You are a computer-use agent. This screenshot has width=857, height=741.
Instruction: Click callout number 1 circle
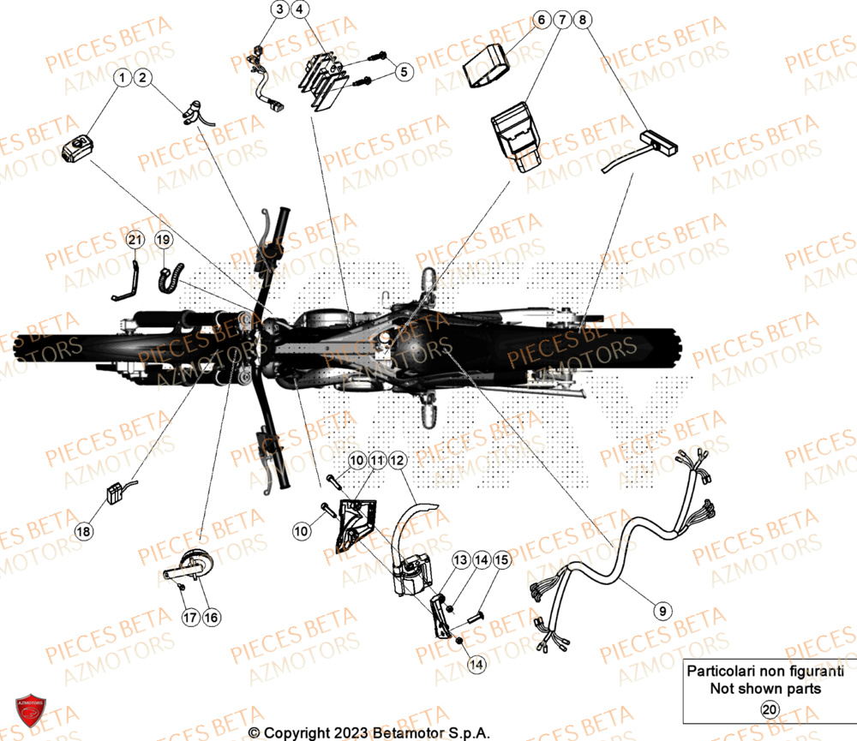click(x=122, y=79)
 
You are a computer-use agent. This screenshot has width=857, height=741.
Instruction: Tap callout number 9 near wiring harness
click(x=661, y=611)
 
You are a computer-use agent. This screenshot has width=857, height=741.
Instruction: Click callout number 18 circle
click(x=83, y=532)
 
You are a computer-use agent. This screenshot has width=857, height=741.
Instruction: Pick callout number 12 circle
click(x=396, y=461)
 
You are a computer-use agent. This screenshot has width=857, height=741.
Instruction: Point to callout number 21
click(x=134, y=242)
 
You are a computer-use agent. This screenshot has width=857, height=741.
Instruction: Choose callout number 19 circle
click(x=164, y=242)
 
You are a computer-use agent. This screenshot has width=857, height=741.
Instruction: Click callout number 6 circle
click(x=542, y=18)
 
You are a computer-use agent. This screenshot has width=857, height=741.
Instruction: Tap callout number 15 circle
click(x=501, y=560)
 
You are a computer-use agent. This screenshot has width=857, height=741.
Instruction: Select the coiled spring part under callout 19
click(x=167, y=278)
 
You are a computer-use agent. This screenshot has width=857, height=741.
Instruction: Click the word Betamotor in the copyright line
click(x=407, y=733)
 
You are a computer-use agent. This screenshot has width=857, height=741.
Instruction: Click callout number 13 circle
click(x=460, y=560)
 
